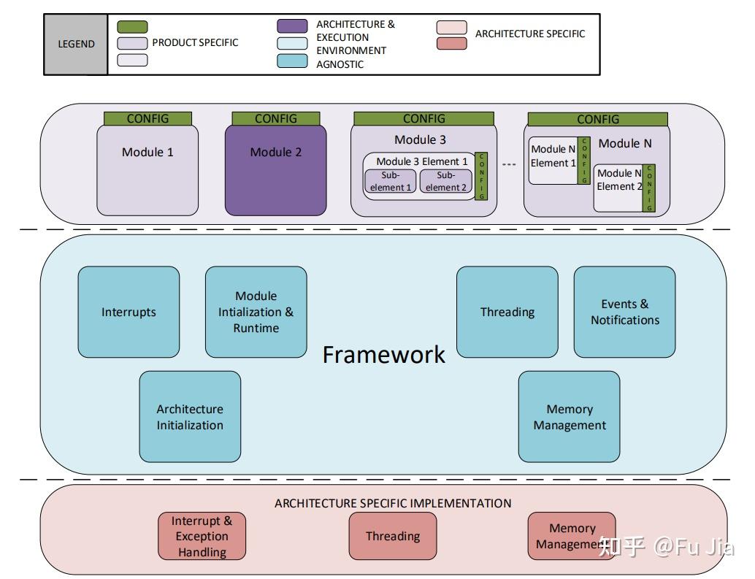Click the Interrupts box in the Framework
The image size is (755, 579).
click(x=129, y=312)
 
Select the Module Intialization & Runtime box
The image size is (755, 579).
click(x=256, y=312)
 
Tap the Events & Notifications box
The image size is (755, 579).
click(x=624, y=312)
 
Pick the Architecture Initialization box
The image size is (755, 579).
click(x=190, y=417)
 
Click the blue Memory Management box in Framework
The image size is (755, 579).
click(x=569, y=417)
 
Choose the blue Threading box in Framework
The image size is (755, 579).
click(x=507, y=312)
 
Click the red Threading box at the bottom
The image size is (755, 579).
click(x=393, y=536)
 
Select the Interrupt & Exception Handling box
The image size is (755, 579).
click(x=202, y=536)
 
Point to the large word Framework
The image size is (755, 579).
click(x=384, y=355)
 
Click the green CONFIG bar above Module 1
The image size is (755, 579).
click(x=147, y=118)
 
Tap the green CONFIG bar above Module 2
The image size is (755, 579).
click(x=276, y=118)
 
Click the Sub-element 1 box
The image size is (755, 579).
click(x=391, y=181)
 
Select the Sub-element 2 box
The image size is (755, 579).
click(x=446, y=181)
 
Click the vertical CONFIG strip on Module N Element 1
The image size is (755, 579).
click(x=584, y=161)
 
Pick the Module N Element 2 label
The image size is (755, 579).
click(x=620, y=180)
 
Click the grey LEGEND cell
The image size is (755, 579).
click(x=76, y=45)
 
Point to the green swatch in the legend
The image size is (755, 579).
click(x=132, y=27)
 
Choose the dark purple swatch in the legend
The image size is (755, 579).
click(x=292, y=26)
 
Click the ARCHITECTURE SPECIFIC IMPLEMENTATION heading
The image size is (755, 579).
click(x=393, y=504)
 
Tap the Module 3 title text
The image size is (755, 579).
click(x=421, y=140)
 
